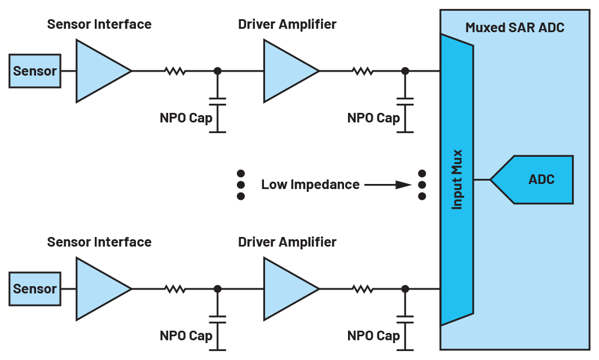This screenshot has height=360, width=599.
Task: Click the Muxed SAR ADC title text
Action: click(x=514, y=28)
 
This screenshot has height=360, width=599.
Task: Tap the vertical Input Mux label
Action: click(x=457, y=179)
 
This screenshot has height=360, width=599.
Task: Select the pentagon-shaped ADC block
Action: click(x=531, y=179)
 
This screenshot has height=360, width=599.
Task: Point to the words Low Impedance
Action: click(x=310, y=185)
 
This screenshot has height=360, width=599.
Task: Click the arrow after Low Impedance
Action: click(x=388, y=185)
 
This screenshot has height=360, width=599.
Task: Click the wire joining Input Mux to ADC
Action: click(x=482, y=179)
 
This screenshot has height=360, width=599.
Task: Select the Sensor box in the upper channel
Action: click(x=35, y=71)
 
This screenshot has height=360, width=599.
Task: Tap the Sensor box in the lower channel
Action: click(x=35, y=289)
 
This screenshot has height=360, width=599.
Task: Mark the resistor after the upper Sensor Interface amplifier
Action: click(x=175, y=71)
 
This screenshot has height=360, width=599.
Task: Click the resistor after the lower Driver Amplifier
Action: click(x=363, y=289)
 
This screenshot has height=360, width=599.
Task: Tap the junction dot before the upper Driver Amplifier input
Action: click(x=217, y=71)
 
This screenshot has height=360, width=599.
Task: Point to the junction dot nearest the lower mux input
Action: click(x=406, y=289)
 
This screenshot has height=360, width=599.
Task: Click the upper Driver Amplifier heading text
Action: click(x=287, y=24)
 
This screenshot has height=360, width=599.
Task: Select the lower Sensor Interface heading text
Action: click(x=99, y=242)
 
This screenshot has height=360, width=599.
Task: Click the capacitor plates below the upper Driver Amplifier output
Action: click(x=406, y=102)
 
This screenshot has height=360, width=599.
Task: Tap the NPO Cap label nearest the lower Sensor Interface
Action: click(x=186, y=336)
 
